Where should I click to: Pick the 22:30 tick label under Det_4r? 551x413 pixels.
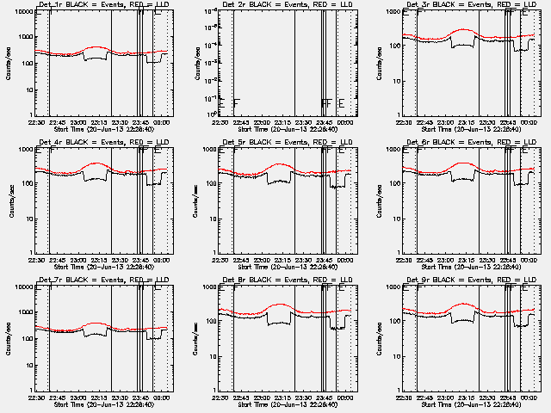[36, 259]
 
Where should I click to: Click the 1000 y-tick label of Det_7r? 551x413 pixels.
[27, 287]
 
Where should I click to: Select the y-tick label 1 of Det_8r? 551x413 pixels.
[216, 390]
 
